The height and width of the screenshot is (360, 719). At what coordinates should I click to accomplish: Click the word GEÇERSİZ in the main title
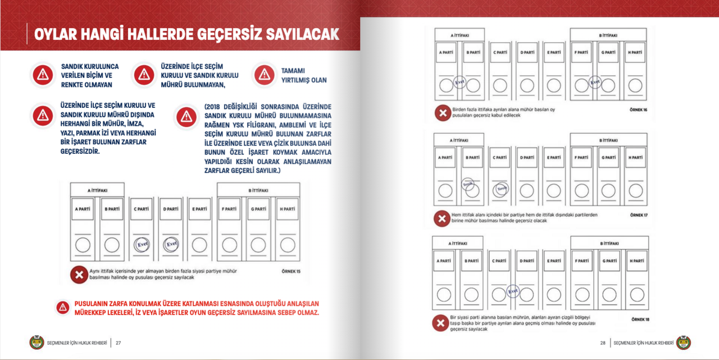point(232,34)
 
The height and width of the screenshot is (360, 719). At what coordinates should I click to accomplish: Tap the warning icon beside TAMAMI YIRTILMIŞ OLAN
point(264,75)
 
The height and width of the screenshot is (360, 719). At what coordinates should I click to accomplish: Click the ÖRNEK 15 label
point(291,272)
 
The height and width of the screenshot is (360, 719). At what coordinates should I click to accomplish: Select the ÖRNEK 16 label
point(638,110)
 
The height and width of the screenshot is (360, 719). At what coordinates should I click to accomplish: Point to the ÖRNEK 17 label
point(638,215)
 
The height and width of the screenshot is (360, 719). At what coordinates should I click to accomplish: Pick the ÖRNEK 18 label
point(640,320)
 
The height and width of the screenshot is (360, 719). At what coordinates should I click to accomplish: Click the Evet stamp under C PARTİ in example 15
point(142,244)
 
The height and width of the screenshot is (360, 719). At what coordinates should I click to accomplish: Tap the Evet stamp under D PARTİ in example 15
point(171,244)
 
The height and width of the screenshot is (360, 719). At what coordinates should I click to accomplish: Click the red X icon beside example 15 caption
point(78,275)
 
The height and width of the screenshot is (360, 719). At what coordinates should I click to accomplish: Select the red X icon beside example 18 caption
point(440,323)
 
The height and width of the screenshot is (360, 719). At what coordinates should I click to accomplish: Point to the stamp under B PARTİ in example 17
point(467,185)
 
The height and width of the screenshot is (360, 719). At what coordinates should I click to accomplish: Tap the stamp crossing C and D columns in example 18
point(513,291)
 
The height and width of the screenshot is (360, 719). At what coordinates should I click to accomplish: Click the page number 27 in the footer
point(119,343)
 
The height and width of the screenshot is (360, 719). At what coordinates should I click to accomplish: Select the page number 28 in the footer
point(603,343)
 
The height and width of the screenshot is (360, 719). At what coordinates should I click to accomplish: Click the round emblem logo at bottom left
point(37,343)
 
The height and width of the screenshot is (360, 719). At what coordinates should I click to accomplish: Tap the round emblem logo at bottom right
point(684,343)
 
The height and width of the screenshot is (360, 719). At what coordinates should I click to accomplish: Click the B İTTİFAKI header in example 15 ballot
point(258,191)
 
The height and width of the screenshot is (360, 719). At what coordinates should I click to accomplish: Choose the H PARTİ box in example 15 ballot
point(287,209)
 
